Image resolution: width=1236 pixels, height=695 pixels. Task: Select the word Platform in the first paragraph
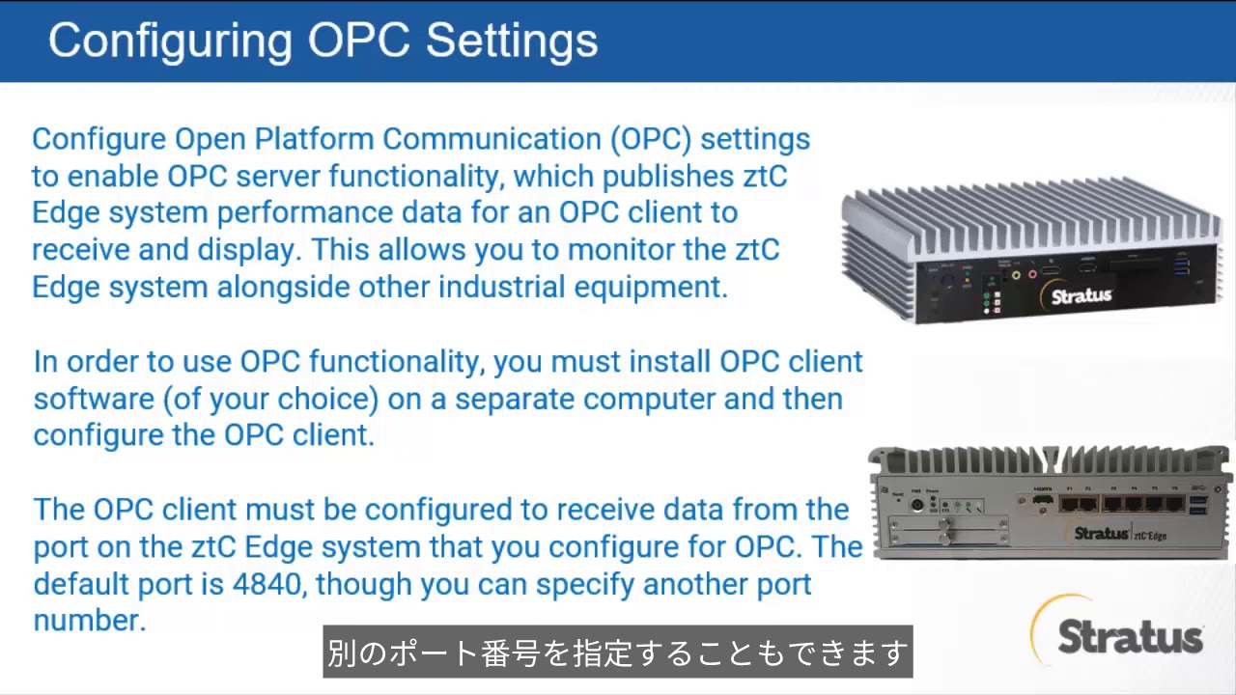(x=315, y=139)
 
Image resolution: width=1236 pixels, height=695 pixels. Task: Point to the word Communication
(x=492, y=139)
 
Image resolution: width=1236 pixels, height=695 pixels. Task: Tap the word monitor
(x=621, y=250)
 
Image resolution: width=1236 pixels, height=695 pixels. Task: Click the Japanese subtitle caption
(x=617, y=653)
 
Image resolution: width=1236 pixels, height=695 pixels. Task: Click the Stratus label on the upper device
(x=1081, y=295)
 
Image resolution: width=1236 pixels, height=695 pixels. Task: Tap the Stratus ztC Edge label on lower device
(x=1119, y=534)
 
